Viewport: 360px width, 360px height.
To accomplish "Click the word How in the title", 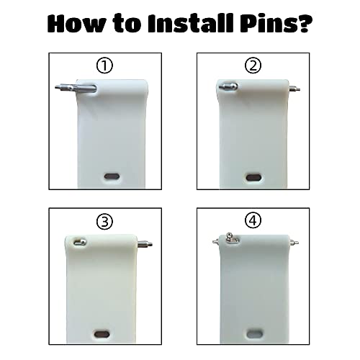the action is tap(76, 23).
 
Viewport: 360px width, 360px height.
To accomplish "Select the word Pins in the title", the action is tap(267, 23).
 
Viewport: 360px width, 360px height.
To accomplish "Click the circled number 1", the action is tap(104, 66).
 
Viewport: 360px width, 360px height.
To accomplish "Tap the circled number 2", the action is tap(253, 66).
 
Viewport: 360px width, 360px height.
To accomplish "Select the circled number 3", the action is tap(104, 222).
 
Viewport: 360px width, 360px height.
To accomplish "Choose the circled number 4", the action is tap(253, 221).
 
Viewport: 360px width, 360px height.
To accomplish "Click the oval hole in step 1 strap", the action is tap(112, 176).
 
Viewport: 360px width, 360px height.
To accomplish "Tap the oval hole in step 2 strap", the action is tap(254, 178).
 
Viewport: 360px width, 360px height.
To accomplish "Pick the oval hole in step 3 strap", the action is tap(102, 334).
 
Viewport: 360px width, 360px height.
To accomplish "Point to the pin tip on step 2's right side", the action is tap(294, 89).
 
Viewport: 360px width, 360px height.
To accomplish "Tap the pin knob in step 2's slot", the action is tap(228, 86).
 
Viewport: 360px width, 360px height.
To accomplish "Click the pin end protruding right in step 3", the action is tap(145, 244).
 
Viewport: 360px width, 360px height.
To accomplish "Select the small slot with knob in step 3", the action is tap(80, 242).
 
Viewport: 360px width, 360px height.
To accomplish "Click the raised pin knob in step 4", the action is tap(229, 236).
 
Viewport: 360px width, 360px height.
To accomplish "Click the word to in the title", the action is tap(127, 24).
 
